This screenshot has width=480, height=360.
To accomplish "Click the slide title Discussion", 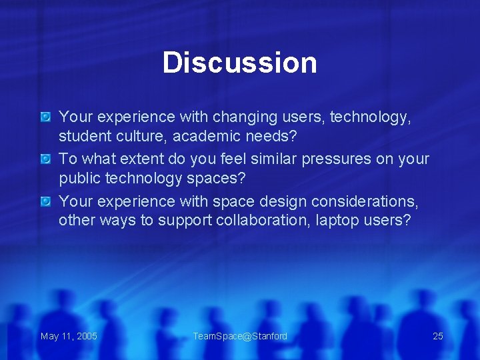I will click(239, 63).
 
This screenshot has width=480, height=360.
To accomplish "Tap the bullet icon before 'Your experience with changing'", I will click(45, 117).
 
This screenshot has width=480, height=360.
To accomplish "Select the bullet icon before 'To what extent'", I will click(45, 159).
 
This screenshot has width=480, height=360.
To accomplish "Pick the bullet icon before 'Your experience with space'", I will click(45, 201).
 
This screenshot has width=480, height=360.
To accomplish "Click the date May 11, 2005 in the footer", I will click(69, 336).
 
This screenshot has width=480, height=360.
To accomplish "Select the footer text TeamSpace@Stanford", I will click(240, 336).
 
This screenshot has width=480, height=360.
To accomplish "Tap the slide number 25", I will click(437, 336).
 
